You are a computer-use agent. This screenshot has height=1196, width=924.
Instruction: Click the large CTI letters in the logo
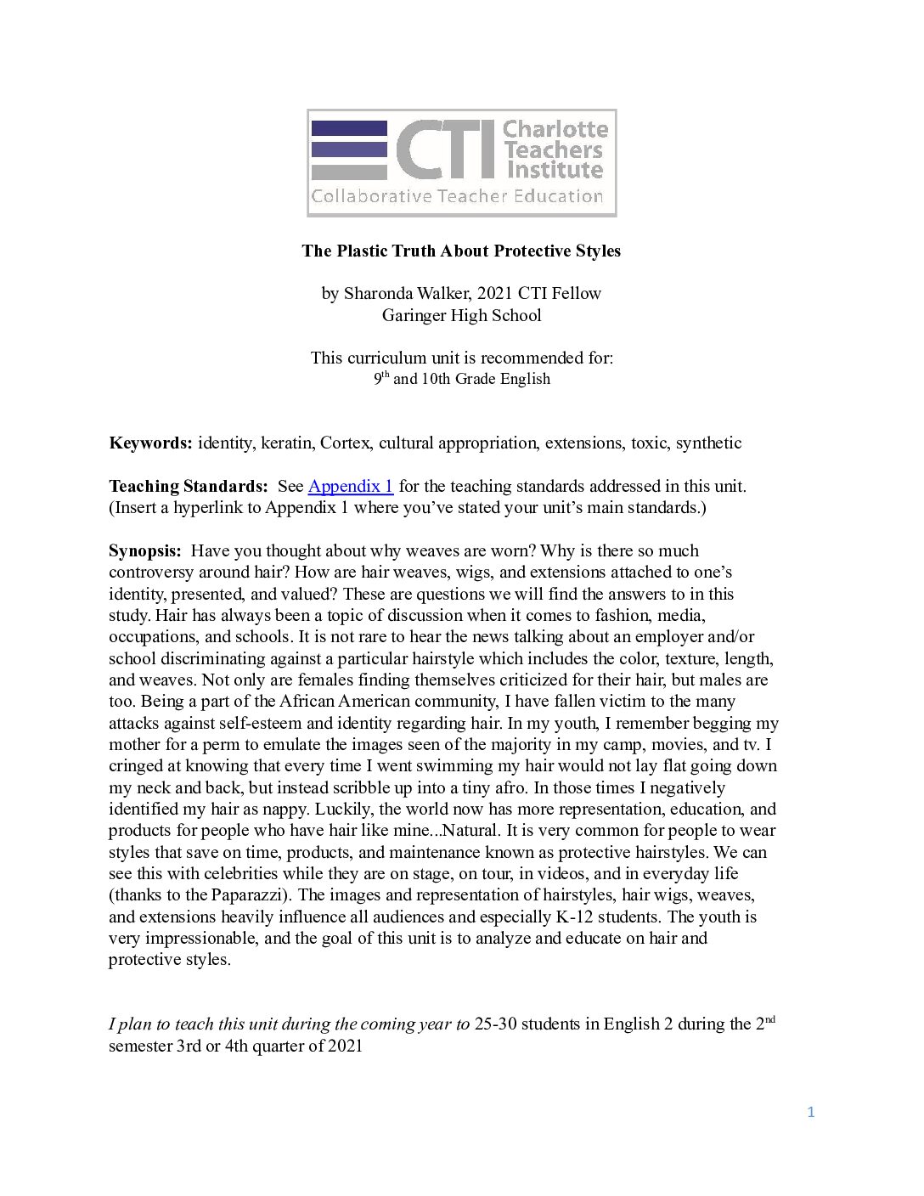pos(445,150)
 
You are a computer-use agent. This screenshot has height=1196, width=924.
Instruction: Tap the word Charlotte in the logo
pos(555,129)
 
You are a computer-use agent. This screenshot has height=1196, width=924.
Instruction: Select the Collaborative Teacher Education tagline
pos(457,196)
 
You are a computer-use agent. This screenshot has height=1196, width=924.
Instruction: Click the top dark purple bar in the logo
pos(349,128)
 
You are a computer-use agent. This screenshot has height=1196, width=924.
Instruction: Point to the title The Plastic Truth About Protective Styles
pos(461,251)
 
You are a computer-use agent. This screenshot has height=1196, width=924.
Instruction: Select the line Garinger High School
pos(461,315)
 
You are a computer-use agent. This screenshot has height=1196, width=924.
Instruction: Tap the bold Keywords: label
pos(150,443)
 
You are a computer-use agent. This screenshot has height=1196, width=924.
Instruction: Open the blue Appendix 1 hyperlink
pos(350,486)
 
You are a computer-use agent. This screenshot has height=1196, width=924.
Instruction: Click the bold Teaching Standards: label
pos(188,486)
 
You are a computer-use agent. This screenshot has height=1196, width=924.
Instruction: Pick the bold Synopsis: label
pos(144,550)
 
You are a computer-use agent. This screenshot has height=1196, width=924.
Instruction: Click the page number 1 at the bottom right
pos(811,1112)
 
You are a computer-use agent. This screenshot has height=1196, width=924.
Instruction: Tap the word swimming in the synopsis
pos(454,765)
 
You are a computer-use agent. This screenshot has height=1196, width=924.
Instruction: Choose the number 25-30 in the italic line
pos(495,1024)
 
